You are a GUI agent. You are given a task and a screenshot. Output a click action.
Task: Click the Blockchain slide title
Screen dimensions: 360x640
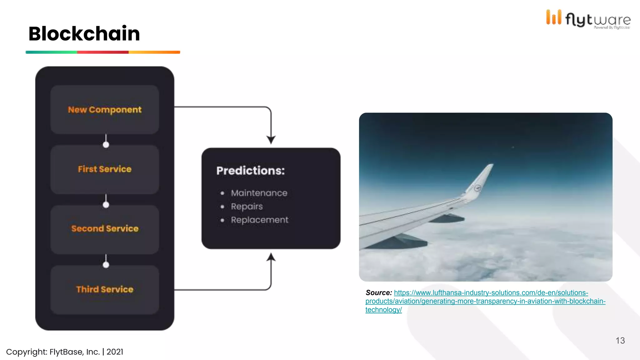pos(84,33)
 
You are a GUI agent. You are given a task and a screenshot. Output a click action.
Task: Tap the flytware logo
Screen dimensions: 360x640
pos(588,19)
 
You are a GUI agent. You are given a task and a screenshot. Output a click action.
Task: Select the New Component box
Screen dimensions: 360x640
pos(105,110)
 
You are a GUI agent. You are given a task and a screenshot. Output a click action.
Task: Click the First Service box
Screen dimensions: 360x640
pos(105,169)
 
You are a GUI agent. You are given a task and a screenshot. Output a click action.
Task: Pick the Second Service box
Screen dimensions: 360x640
pos(105,229)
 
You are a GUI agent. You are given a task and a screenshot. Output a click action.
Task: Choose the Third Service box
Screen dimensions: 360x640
pos(105,289)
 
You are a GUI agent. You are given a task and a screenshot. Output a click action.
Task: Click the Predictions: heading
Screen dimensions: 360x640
pos(251,171)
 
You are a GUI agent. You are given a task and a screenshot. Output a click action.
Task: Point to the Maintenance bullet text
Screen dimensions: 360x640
pos(259,193)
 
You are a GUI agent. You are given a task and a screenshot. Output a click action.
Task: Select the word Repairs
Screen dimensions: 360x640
pos(247,207)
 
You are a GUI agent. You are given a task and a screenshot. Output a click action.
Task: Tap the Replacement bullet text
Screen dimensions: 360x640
pos(260,220)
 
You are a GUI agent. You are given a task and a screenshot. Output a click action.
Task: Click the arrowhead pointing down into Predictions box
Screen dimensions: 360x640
pos(271,139)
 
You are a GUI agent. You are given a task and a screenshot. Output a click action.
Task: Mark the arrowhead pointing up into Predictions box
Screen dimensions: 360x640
pos(271,257)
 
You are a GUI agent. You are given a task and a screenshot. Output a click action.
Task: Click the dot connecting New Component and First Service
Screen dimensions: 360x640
pos(106,145)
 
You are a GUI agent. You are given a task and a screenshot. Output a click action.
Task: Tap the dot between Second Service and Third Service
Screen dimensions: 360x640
pos(106,265)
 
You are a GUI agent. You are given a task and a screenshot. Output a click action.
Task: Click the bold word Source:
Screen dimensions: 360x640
pos(379,293)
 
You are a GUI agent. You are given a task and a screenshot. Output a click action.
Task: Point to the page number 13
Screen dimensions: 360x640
pos(620,341)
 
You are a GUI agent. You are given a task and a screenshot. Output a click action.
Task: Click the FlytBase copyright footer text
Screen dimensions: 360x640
pos(65,352)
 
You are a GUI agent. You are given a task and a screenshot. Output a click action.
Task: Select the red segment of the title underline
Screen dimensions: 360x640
pos(103,52)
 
